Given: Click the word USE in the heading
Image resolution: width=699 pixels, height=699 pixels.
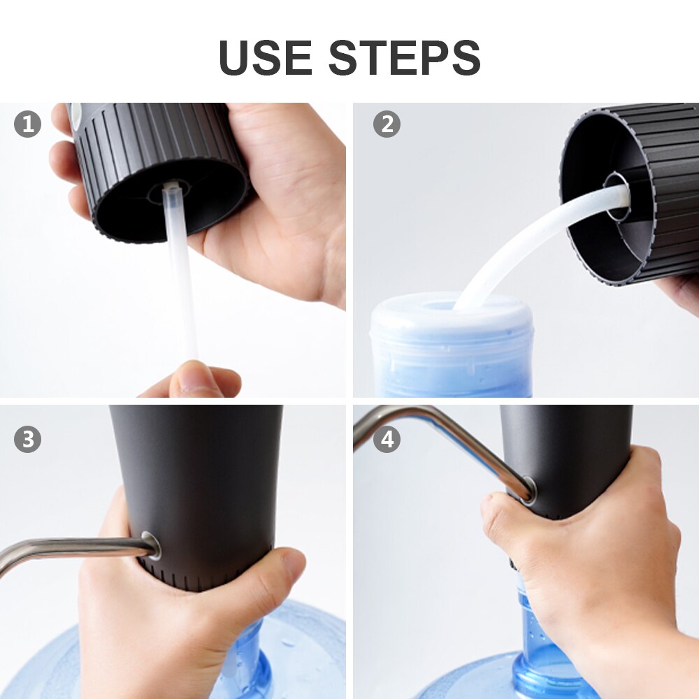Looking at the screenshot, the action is tap(265, 57).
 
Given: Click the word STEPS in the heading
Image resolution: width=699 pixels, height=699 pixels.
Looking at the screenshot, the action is tap(405, 57).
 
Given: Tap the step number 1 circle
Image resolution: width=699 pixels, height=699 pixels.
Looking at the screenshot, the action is tap(28, 124).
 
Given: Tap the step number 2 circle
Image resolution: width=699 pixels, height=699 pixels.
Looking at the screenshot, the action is tap(387, 124).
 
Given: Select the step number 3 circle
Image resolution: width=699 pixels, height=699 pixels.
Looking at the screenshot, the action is tap(28, 439).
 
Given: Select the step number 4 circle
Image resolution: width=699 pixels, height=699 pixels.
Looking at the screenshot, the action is tap(387, 439).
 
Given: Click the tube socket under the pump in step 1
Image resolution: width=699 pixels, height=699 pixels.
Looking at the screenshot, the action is tap(172, 189).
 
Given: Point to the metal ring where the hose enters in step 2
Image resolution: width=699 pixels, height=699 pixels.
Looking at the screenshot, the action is tap(617, 196).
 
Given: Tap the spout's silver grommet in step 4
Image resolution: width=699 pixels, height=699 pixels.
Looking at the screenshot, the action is tap(528, 489).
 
